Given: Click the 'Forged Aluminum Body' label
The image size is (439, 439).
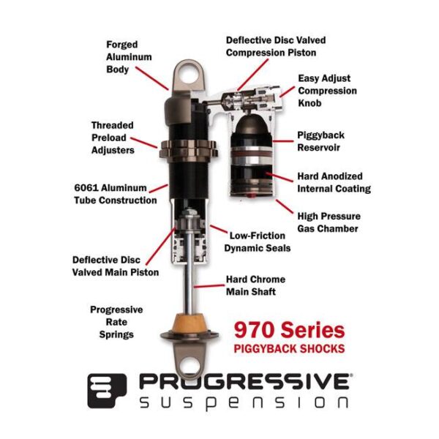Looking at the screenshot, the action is (x=129, y=57).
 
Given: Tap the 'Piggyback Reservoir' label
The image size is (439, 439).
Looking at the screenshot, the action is (x=320, y=141).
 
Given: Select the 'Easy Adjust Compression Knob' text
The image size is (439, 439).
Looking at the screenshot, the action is (x=327, y=91).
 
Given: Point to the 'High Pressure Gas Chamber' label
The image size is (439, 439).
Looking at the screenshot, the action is (x=329, y=222).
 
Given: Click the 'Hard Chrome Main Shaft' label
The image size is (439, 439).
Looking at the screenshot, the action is (x=255, y=285).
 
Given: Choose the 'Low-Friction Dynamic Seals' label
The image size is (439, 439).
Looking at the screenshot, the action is (x=258, y=242).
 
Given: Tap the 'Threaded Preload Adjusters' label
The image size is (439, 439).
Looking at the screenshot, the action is (x=113, y=138).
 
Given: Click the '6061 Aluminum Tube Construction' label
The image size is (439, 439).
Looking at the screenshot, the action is (x=116, y=194).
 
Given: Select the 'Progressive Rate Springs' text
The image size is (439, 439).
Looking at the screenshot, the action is (x=116, y=322).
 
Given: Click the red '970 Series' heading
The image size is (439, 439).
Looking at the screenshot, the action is (x=289, y=330).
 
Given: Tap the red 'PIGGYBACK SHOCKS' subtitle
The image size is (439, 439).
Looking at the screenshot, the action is (x=289, y=349).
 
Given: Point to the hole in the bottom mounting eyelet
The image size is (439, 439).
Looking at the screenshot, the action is (x=190, y=367).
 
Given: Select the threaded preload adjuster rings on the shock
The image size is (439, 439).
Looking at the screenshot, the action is (x=189, y=149).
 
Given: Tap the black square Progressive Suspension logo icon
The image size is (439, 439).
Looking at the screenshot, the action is (x=107, y=391).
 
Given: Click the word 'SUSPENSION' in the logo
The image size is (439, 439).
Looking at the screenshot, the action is (x=244, y=402).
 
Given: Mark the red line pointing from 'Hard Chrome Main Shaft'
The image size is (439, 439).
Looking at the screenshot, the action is (x=209, y=286).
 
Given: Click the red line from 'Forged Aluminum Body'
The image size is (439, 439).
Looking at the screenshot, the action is (x=152, y=78).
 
